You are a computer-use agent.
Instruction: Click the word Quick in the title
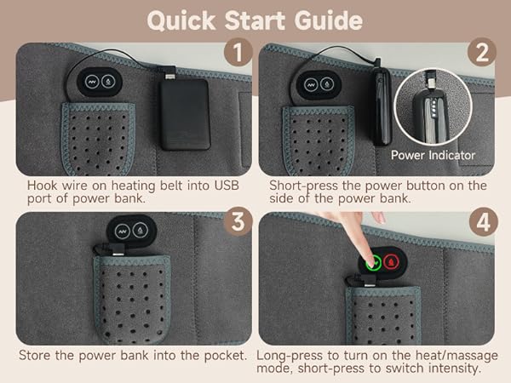[181, 20]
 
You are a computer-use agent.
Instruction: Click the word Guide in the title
[329, 20]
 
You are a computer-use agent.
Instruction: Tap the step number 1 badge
[238, 52]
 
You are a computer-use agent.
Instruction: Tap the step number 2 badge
[482, 52]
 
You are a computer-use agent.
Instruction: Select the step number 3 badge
[238, 221]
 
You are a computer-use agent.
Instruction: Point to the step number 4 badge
[483, 222]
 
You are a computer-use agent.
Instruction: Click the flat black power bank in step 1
[185, 114]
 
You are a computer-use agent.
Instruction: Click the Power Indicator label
[433, 155]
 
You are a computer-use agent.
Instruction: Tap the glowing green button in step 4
[373, 261]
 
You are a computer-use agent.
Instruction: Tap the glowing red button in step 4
[391, 261]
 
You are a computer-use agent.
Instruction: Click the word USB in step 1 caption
[227, 186]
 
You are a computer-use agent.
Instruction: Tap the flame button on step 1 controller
[108, 82]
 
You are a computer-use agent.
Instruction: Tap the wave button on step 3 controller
[122, 232]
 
